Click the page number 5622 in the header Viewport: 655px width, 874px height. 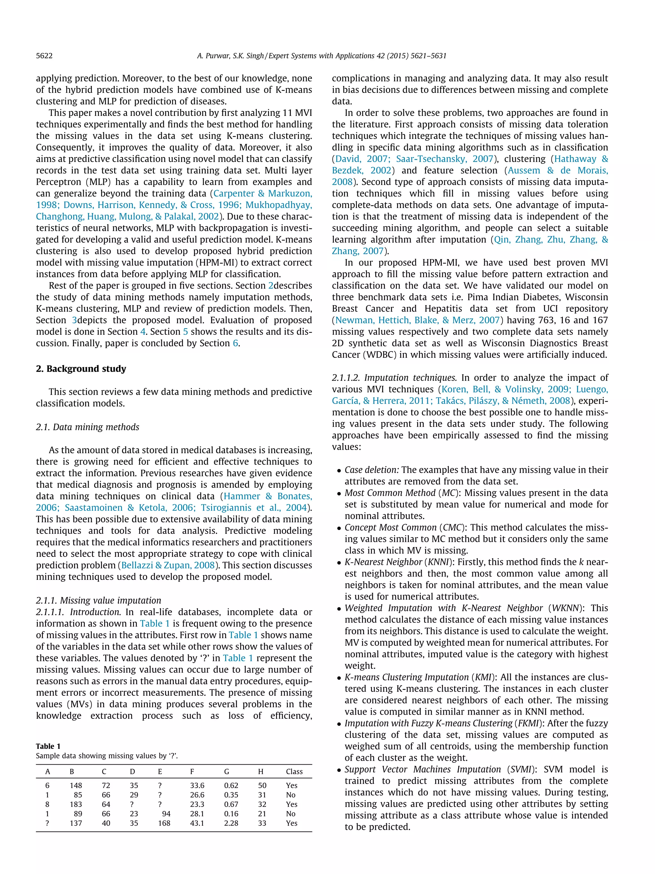click(44, 56)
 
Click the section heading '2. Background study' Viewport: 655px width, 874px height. click(81, 369)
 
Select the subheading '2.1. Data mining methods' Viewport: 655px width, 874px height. click(87, 427)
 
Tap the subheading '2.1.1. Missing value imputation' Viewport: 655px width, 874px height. click(98, 600)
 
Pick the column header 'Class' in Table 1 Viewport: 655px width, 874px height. click(294, 771)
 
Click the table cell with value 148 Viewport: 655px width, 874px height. click(76, 785)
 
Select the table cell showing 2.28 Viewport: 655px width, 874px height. click(231, 823)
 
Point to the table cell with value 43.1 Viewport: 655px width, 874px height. click(197, 823)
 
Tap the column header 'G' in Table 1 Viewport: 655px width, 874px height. click(227, 771)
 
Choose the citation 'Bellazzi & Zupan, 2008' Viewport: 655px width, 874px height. click(168, 565)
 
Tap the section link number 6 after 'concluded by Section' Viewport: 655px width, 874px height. click(235, 343)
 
